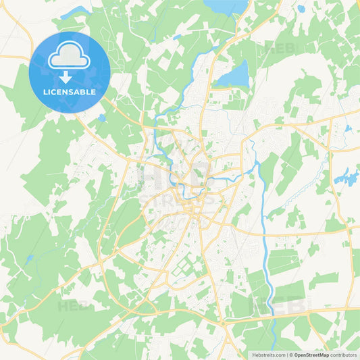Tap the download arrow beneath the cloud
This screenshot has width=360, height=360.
[66, 77]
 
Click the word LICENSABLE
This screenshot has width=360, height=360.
[69, 92]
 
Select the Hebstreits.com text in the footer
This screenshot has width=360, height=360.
[269, 354]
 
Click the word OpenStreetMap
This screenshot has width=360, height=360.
[311, 354]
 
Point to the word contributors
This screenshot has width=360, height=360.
[343, 354]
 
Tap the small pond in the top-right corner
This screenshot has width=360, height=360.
[301, 9]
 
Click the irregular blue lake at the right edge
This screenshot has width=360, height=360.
[346, 178]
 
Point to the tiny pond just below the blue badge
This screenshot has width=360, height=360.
[101, 118]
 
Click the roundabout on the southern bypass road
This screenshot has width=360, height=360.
[223, 324]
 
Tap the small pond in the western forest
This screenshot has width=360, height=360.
[29, 259]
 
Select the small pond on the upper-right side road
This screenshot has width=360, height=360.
[348, 128]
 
